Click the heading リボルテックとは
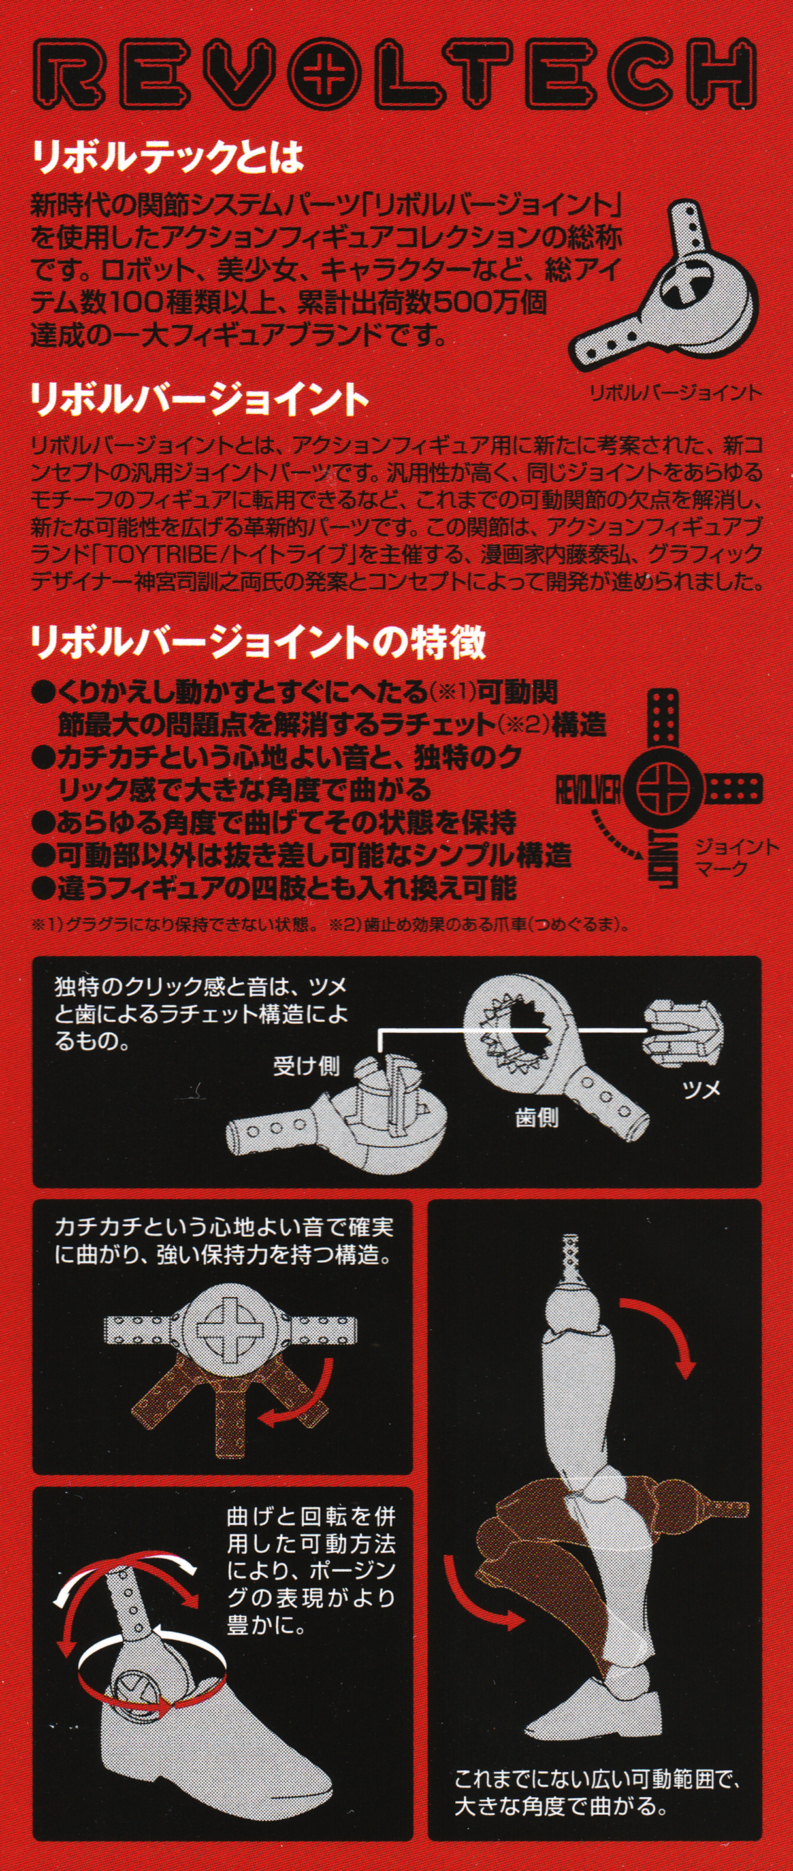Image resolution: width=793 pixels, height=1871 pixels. [x=167, y=157]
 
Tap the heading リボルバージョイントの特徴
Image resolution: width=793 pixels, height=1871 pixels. [x=258, y=643]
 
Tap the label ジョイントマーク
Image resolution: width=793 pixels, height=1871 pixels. [x=734, y=857]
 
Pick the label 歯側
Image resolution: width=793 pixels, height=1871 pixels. [x=537, y=1117]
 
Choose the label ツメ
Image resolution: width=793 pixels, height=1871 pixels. [x=701, y=1088]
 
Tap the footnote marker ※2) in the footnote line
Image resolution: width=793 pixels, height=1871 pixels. [x=346, y=924]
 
